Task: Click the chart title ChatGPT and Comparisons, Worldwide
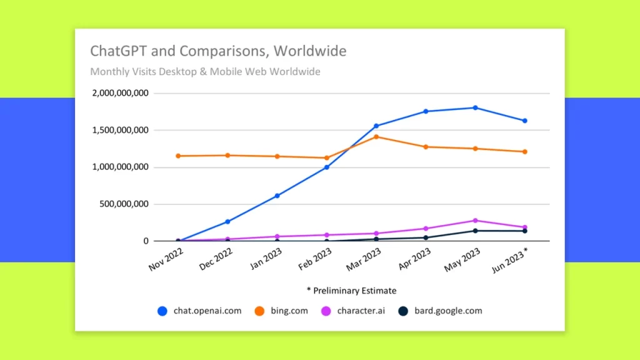(218, 51)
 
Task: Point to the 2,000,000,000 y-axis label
(121, 93)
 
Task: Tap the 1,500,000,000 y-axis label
(121, 130)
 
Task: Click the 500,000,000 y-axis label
(124, 204)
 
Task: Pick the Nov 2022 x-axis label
(166, 259)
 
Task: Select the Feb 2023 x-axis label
(315, 259)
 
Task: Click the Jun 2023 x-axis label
(509, 260)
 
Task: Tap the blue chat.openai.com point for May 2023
(475, 107)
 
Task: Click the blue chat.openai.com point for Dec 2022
(227, 222)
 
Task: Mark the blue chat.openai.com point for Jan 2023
(277, 196)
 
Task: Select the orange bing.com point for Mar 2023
(376, 137)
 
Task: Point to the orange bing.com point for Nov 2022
(178, 156)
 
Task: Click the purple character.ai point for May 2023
(475, 221)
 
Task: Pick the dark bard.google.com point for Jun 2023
(525, 231)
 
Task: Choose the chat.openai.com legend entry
(199, 311)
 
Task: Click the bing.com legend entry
(281, 311)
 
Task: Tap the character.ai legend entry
(353, 311)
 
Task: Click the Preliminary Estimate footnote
(351, 291)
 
